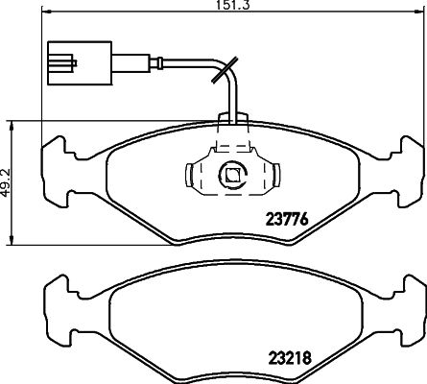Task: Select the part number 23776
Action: pyautogui.click(x=287, y=220)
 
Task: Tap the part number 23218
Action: pyautogui.click(x=291, y=358)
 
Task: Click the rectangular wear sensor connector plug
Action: pyautogui.click(x=80, y=63)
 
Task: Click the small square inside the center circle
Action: pyautogui.click(x=232, y=175)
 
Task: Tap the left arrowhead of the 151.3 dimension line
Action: pyautogui.click(x=46, y=12)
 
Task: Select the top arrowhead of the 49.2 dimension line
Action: pyautogui.click(x=12, y=126)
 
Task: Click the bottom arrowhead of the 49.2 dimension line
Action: pyautogui.click(x=12, y=241)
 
